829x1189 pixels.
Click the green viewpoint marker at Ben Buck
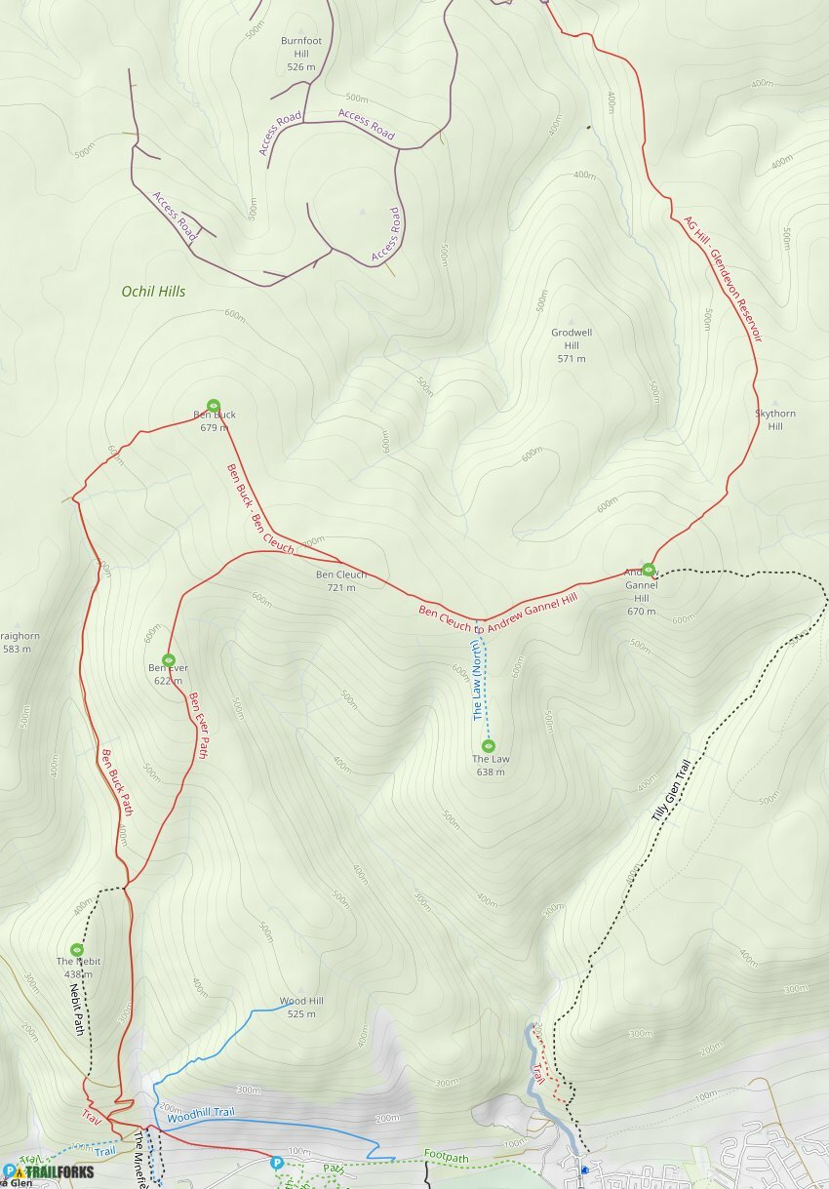214,406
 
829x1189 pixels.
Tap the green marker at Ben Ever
168,660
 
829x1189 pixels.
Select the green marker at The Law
489,746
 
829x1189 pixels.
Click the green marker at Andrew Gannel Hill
649,570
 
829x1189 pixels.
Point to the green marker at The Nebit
77,949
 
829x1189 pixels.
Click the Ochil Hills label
153,291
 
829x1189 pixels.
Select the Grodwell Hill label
572,345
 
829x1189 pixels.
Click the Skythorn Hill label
775,419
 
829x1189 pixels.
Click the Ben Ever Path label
199,726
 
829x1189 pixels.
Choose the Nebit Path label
75,1009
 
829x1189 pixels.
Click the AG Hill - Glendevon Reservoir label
722,279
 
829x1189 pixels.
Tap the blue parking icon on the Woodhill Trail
278,1163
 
